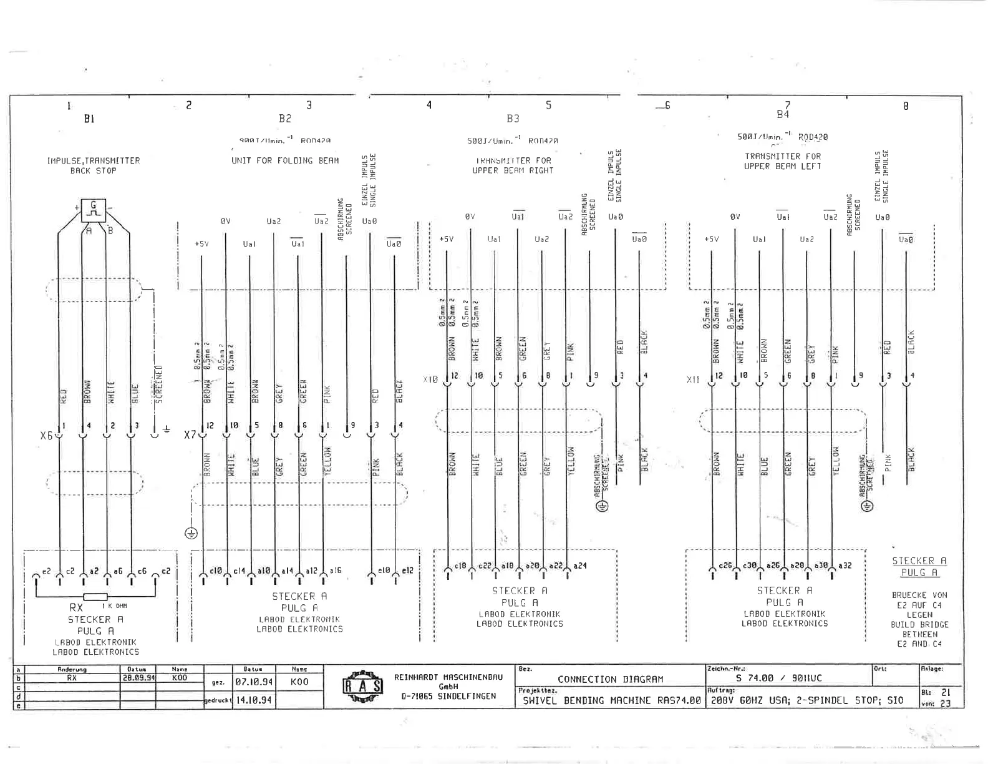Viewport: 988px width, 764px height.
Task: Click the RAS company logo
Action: [x=362, y=687]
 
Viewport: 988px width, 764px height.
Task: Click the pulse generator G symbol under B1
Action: [x=94, y=210]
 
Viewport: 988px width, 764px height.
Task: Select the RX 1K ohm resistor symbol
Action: [x=95, y=597]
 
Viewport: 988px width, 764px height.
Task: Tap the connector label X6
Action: [x=46, y=435]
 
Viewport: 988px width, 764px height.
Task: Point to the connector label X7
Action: [x=190, y=434]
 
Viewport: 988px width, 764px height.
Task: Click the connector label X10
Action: [x=430, y=379]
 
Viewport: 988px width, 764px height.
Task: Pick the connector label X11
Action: [x=693, y=379]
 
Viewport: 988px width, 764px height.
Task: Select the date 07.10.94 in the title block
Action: [x=253, y=682]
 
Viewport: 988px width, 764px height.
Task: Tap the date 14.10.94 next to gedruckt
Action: [x=253, y=700]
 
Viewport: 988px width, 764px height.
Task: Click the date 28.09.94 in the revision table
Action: [x=138, y=677]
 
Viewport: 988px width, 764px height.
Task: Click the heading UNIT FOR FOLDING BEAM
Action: [x=285, y=160]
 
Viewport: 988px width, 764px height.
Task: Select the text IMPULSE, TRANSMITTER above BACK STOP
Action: [x=94, y=160]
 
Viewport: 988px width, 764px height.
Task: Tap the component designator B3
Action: [x=513, y=118]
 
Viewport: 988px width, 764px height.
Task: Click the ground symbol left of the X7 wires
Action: [x=191, y=533]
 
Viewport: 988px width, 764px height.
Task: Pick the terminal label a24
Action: [x=579, y=566]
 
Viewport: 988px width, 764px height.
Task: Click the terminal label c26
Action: [x=725, y=566]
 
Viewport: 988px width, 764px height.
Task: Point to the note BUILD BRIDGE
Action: [x=919, y=624]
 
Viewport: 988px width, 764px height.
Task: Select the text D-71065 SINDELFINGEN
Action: [x=448, y=696]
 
